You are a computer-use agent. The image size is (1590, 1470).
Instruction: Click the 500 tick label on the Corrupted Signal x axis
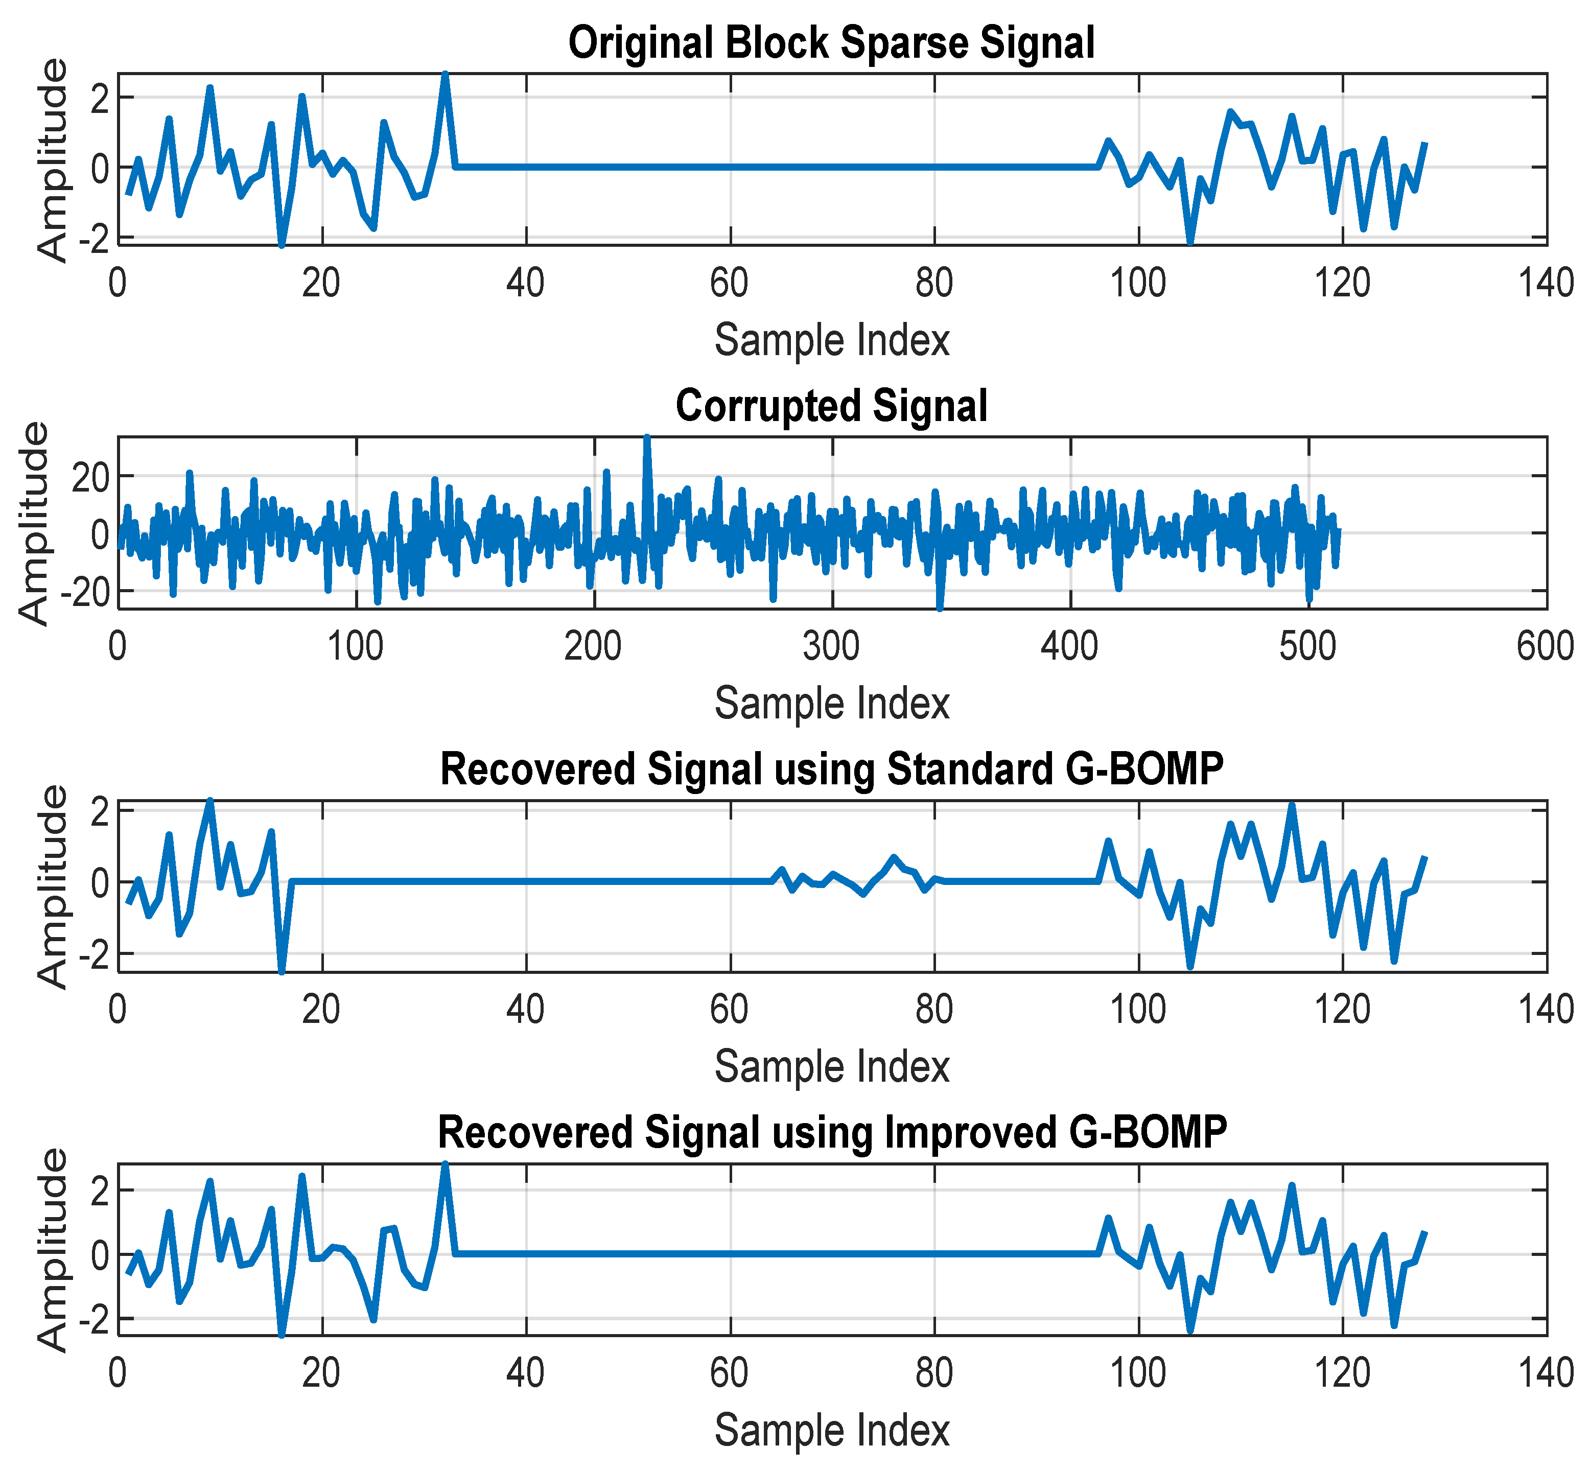pos(1307,646)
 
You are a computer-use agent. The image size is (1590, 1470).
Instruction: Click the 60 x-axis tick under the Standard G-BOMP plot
pos(730,1010)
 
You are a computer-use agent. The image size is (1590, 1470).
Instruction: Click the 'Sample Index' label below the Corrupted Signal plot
pos(831,703)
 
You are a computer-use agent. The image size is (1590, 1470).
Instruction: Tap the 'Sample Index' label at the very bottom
pos(831,1430)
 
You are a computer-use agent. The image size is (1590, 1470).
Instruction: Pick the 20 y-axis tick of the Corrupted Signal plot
pos(91,477)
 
